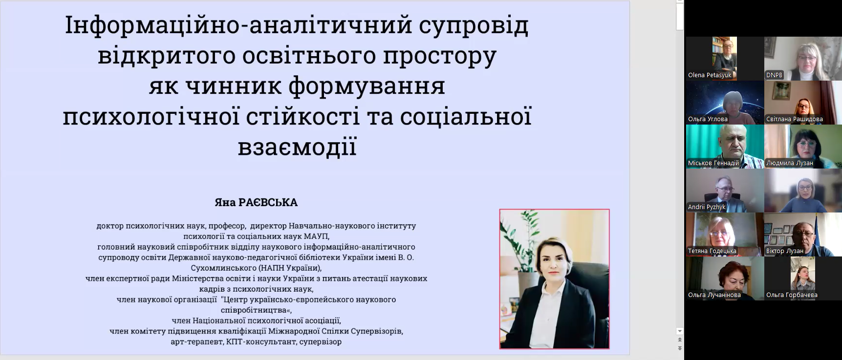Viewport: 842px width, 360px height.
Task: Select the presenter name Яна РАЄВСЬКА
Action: [256, 202]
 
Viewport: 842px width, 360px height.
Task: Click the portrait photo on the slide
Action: [554, 279]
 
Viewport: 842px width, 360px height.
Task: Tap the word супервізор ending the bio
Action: [321, 342]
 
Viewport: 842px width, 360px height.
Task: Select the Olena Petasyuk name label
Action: [710, 75]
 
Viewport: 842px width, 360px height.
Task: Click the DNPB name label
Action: [774, 75]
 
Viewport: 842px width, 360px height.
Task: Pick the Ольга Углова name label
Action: [708, 119]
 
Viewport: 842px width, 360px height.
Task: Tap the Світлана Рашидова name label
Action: [794, 119]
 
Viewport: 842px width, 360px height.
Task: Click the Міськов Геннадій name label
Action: [713, 163]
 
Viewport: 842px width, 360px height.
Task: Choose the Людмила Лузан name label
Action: [789, 163]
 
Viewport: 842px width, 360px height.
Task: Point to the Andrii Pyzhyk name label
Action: [707, 207]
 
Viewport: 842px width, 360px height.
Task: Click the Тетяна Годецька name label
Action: [712, 251]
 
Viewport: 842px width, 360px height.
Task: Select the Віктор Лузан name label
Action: [784, 251]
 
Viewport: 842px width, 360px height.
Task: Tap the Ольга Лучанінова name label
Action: [714, 295]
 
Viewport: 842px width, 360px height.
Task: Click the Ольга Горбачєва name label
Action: [792, 295]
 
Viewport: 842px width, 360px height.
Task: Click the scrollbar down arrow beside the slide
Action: [680, 331]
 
